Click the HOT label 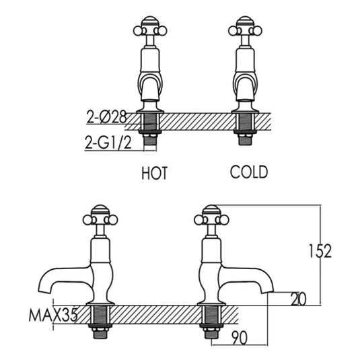click(x=154, y=173)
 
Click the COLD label click(x=249, y=172)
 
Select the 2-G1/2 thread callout click(x=108, y=142)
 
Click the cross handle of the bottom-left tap click(x=100, y=219)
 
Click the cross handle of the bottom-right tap click(x=212, y=219)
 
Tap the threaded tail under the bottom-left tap click(x=100, y=320)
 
